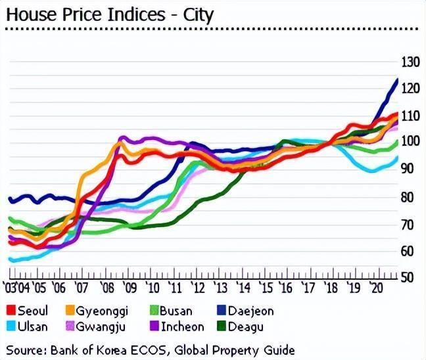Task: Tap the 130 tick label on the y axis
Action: tap(410, 62)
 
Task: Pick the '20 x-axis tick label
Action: tap(377, 288)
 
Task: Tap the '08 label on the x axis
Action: tap(107, 288)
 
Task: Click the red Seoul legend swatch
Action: tap(10, 311)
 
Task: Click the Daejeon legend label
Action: tap(250, 311)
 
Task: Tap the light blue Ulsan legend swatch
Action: tap(10, 326)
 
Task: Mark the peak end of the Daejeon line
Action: tap(398, 79)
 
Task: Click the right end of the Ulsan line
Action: tap(398, 157)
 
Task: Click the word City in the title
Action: tap(199, 14)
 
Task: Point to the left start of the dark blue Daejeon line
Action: tap(9, 198)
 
